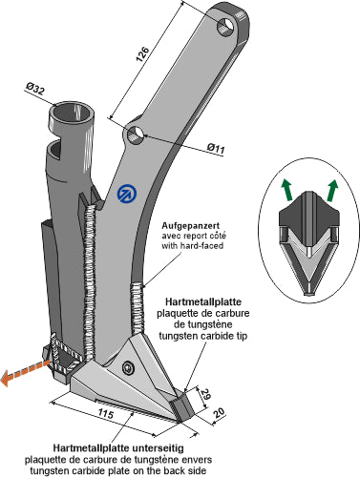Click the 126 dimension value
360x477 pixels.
[x=142, y=54]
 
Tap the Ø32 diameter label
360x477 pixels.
[x=35, y=89]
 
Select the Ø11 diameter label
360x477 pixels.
[x=216, y=148]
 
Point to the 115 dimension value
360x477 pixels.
[x=106, y=414]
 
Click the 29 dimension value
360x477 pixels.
[x=205, y=393]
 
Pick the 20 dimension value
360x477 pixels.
[x=220, y=413]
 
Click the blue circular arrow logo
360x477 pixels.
[x=127, y=194]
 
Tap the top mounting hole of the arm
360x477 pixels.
[x=226, y=26]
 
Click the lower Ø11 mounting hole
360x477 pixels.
[x=136, y=135]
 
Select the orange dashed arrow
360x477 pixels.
[x=25, y=371]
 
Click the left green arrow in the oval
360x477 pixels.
[x=287, y=190]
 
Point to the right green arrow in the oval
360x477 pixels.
[x=332, y=190]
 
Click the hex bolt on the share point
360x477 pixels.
[x=128, y=368]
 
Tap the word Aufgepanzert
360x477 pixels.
[x=190, y=226]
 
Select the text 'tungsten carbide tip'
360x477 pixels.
[x=202, y=336]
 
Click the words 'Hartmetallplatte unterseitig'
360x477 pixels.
[x=118, y=448]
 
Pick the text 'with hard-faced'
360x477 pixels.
[x=192, y=246]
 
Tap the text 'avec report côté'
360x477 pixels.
[x=194, y=236]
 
